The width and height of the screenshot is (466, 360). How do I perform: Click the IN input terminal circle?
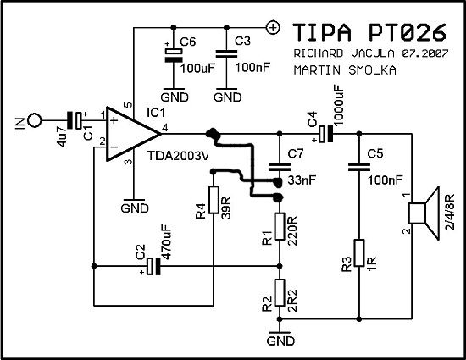[35, 120]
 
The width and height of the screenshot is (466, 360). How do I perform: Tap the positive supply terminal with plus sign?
[273, 28]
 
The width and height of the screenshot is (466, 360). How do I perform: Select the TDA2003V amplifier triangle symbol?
[134, 134]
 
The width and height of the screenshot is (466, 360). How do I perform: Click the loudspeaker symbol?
[424, 213]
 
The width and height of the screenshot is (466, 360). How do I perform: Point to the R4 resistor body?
[214, 200]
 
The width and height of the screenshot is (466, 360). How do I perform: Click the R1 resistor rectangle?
[280, 226]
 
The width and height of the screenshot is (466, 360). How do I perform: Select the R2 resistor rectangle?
[280, 292]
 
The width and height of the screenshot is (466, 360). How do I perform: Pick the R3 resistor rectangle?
[359, 252]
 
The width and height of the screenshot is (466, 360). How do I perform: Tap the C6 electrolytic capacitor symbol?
[174, 55]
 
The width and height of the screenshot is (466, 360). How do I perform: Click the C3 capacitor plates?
[226, 54]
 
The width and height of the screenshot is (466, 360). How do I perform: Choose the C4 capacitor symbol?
[325, 134]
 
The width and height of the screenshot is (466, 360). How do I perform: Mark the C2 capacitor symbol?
[154, 266]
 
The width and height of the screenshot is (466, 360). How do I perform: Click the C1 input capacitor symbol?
[75, 120]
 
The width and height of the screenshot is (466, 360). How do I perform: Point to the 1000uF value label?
[338, 104]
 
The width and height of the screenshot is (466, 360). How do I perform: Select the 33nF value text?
[302, 180]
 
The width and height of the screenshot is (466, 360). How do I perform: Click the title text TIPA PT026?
[369, 32]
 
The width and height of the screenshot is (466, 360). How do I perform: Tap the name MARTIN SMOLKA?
[345, 70]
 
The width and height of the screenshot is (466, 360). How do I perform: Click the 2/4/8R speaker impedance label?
[450, 212]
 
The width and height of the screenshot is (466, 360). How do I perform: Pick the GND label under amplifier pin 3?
[135, 208]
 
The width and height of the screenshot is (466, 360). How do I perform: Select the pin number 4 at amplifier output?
[165, 128]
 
